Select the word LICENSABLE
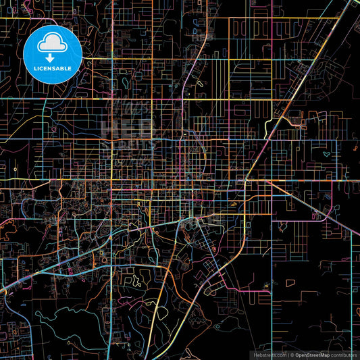tap(53, 69)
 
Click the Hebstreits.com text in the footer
tap(268, 355)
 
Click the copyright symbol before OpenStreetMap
tap(292, 355)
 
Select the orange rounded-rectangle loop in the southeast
tap(291, 282)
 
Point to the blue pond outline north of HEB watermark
tap(125, 83)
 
